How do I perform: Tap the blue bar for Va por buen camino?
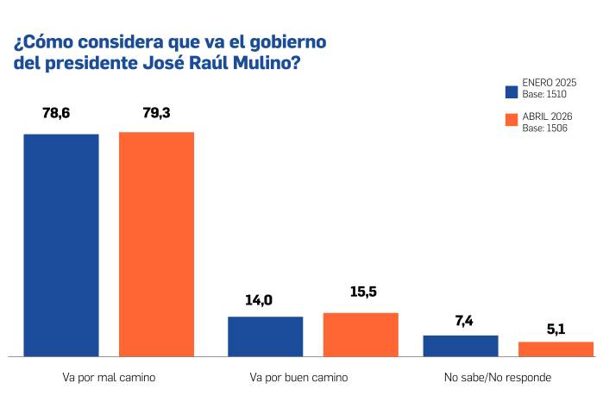click(x=265, y=336)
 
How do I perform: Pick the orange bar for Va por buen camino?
click(x=361, y=334)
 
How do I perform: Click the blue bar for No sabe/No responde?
click(x=461, y=345)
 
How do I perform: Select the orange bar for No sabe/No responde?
click(x=556, y=349)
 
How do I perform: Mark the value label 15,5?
click(x=363, y=292)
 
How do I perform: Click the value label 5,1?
click(x=556, y=328)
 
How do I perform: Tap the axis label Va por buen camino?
click(x=298, y=378)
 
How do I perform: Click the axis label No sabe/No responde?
click(x=497, y=378)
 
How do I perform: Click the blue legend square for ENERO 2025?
click(x=511, y=91)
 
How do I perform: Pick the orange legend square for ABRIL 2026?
click(x=511, y=122)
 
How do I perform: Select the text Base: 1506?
click(x=543, y=128)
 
